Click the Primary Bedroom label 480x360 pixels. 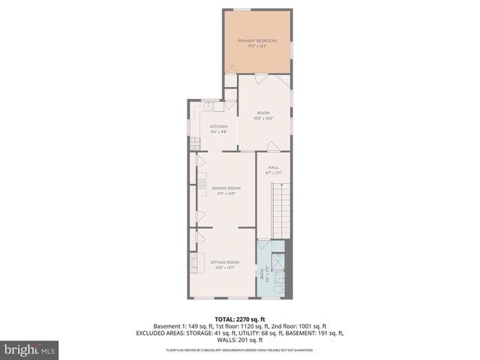257,40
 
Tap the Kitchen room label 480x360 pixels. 218,127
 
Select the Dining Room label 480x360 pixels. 226,188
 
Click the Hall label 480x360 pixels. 274,167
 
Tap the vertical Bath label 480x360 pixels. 262,274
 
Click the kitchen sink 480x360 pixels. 209,106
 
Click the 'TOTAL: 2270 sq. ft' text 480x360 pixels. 239,319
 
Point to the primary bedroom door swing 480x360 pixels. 231,78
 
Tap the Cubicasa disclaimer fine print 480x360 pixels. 239,350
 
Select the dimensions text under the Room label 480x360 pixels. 263,118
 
